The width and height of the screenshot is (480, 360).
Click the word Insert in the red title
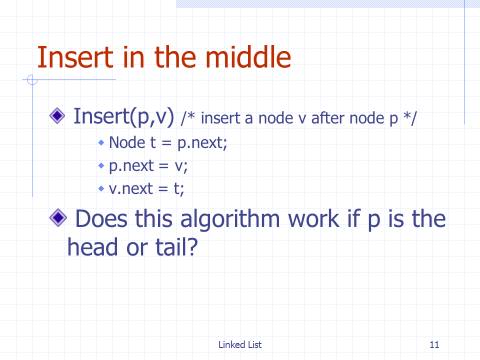75,57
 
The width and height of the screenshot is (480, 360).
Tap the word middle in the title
248,57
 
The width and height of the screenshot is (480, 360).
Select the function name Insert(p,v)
123,116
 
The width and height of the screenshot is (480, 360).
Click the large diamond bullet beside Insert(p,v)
57,116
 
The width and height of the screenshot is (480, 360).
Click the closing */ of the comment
410,118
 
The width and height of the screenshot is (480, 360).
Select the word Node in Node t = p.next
127,142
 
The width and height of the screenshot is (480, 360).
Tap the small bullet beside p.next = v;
101,165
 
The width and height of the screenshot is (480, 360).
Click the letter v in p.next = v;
178,167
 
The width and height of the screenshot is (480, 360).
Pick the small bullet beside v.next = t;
101,188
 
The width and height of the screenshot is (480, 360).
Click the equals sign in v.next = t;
163,189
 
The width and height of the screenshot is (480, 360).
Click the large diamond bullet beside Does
58,218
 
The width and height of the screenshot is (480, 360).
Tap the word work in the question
314,219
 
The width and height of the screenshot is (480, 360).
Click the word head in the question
92,247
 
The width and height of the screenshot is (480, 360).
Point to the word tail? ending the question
176,247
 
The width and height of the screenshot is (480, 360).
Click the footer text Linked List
240,344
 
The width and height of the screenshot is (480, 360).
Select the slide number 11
434,344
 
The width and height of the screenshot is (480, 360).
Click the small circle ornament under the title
32,80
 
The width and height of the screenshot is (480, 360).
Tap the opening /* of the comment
187,118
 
